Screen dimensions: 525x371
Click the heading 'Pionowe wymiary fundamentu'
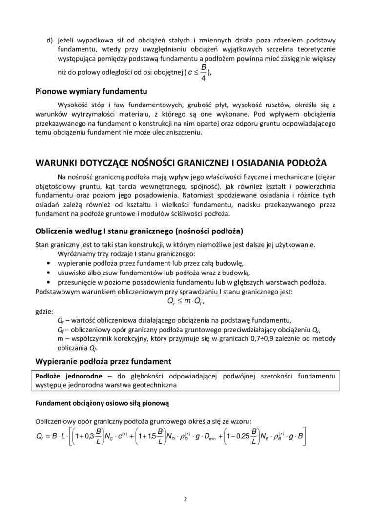pos(87,90)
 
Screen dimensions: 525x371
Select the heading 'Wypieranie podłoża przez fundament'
pos(103,361)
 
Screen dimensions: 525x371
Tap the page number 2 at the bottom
pos(185,499)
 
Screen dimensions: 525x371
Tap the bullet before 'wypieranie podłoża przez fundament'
pos(48,264)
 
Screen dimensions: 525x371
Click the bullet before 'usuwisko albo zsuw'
pos(48,273)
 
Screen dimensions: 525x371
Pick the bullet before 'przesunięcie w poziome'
pos(48,282)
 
